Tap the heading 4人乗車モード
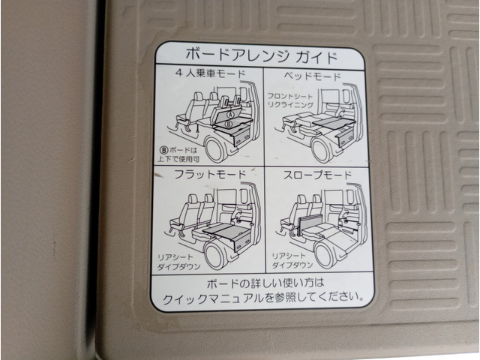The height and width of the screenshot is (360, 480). click(x=211, y=73)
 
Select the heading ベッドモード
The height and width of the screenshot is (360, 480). click(x=312, y=76)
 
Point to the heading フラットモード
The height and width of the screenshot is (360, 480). click(x=210, y=174)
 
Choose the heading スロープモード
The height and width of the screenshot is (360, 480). click(x=318, y=175)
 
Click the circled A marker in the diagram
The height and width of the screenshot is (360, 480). click(x=231, y=115)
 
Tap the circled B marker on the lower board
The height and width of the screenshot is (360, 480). click(x=228, y=124)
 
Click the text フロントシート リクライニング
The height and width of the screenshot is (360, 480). click(x=290, y=100)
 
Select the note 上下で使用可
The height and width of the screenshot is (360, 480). click(x=178, y=159)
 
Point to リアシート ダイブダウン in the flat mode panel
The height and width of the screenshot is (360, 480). click(x=178, y=262)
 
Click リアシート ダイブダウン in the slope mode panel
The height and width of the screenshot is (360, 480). click(x=292, y=260)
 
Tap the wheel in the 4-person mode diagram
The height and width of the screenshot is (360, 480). click(x=216, y=149)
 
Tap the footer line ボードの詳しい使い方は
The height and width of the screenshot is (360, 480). click(x=265, y=283)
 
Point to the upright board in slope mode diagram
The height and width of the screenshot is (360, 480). click(x=310, y=224)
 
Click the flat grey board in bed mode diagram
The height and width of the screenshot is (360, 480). click(x=334, y=123)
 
